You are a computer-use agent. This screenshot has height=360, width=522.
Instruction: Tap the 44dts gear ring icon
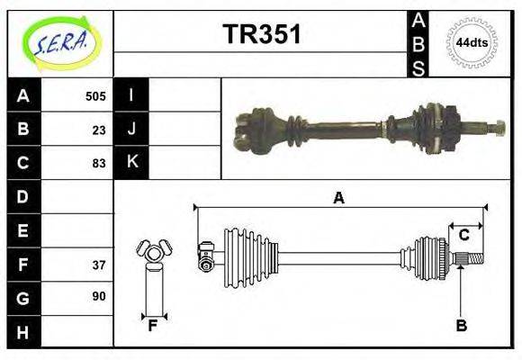pos(472,42)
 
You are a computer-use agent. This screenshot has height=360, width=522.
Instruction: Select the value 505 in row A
pos(95,96)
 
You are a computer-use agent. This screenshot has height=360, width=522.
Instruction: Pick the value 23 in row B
pos(98,130)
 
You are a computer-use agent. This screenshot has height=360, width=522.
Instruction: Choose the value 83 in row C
pos(98,163)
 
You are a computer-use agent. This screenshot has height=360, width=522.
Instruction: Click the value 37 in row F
pos(98,265)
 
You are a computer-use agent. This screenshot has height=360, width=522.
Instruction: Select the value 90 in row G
pos(98,296)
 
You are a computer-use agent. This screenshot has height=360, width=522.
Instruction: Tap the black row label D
pos(23,196)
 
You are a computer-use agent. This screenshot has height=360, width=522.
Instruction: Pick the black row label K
pos(131,163)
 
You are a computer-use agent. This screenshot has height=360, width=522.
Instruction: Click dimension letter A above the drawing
pos(338,198)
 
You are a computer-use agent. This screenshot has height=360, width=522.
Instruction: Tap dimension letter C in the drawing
pos(463,235)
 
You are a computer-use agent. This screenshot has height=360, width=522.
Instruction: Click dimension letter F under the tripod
pos(153,327)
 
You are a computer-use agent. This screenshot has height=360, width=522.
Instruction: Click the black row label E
pos(23,230)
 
